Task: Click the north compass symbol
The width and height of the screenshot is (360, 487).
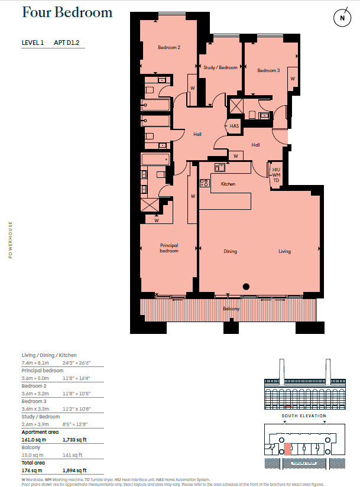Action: (x=342, y=18)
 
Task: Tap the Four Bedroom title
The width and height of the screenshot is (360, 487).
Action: (x=67, y=13)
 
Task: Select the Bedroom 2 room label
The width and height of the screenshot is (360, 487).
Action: (x=169, y=47)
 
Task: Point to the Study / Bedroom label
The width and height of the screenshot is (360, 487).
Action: (x=220, y=68)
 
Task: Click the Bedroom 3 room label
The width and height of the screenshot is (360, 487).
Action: (x=268, y=71)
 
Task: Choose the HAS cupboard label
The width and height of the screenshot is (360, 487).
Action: (x=234, y=126)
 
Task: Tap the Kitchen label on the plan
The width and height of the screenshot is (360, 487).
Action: (x=228, y=184)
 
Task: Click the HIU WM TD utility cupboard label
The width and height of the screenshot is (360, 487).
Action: (x=276, y=175)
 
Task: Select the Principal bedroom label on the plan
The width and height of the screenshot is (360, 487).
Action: (x=169, y=248)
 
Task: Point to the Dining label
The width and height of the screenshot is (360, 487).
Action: (x=230, y=251)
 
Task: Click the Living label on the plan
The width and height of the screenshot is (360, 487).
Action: (x=285, y=251)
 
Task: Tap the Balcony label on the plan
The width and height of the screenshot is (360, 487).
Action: (x=231, y=309)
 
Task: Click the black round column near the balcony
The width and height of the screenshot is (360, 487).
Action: (x=247, y=287)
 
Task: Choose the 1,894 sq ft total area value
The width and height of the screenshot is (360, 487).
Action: (x=74, y=470)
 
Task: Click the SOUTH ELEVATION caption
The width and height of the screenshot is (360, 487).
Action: (x=304, y=415)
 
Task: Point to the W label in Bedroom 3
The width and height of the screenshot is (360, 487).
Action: (x=292, y=78)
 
